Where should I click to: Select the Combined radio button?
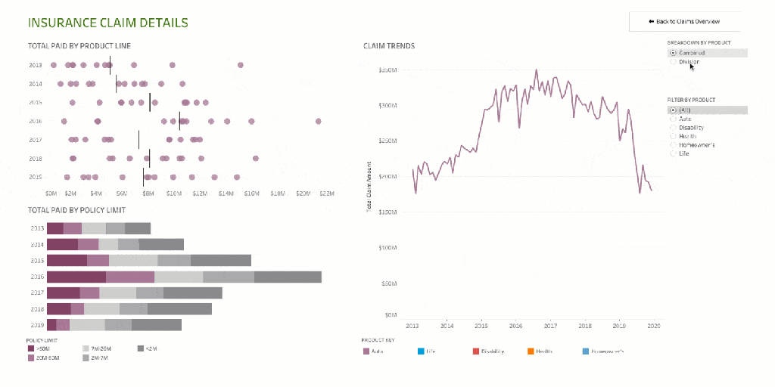[x=673, y=53]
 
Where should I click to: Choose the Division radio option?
[x=673, y=62]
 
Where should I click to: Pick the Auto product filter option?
[x=673, y=119]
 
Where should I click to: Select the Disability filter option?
[x=673, y=128]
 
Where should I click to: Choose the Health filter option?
[x=673, y=136]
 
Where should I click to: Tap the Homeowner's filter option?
[x=673, y=144]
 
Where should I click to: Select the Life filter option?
[x=673, y=153]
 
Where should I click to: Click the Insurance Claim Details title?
[x=107, y=23]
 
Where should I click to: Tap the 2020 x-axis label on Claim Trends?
[x=654, y=326]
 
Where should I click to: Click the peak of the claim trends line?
[x=536, y=70]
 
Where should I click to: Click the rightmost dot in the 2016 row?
[x=319, y=121]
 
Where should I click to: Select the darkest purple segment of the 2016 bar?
[x=76, y=277]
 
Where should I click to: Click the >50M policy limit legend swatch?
[x=30, y=348]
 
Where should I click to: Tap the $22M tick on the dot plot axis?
[x=326, y=194]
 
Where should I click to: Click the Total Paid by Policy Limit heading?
[x=76, y=210]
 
